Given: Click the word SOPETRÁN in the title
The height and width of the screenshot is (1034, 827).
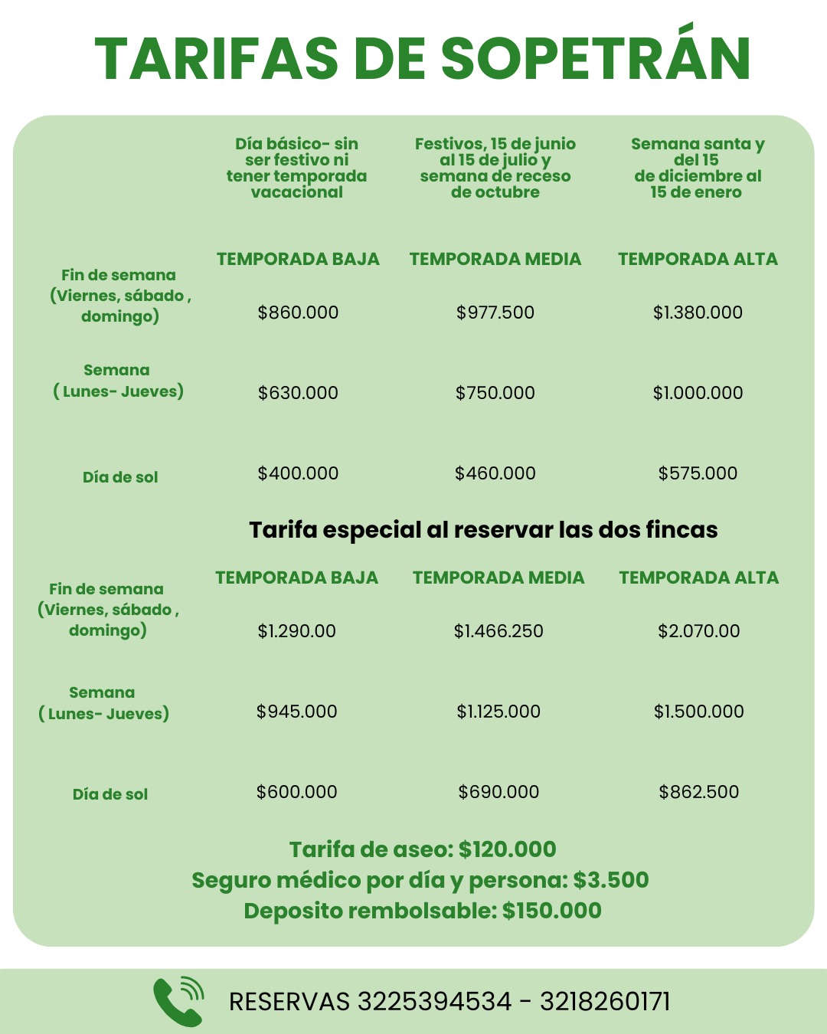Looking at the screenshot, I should click(x=596, y=58).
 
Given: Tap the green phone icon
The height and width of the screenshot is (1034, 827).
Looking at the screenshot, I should click(x=178, y=1001).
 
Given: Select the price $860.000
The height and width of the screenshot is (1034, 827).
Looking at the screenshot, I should click(x=298, y=312).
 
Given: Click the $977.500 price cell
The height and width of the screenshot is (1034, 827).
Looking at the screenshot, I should click(x=495, y=312).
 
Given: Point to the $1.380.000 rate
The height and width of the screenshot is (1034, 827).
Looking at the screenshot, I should click(x=698, y=312).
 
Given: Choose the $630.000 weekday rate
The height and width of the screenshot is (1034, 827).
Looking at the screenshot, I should click(x=298, y=393).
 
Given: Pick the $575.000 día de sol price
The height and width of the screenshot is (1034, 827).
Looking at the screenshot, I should click(x=698, y=473).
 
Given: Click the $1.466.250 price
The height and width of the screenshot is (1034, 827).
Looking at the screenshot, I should click(x=498, y=631).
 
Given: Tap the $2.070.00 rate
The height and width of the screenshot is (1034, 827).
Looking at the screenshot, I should click(x=698, y=631).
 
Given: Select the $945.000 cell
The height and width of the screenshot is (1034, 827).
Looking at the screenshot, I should click(x=296, y=712).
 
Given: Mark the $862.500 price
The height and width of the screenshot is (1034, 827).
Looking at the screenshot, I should click(x=698, y=792).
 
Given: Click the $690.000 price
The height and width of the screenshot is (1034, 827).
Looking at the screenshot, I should click(x=498, y=792).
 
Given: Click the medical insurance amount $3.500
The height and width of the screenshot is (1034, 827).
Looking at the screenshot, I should click(x=610, y=880).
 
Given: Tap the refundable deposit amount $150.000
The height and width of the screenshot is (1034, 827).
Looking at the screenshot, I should click(x=551, y=911).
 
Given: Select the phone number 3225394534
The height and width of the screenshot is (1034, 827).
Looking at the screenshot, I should click(x=434, y=1002).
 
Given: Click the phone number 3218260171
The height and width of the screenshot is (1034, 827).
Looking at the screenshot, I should click(x=605, y=1002).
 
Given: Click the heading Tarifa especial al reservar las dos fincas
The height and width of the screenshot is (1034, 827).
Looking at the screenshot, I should click(x=483, y=530).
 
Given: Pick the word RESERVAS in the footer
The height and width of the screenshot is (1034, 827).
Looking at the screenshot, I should click(x=289, y=1002).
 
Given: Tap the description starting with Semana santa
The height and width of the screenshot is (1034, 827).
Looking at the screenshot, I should click(x=698, y=168).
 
